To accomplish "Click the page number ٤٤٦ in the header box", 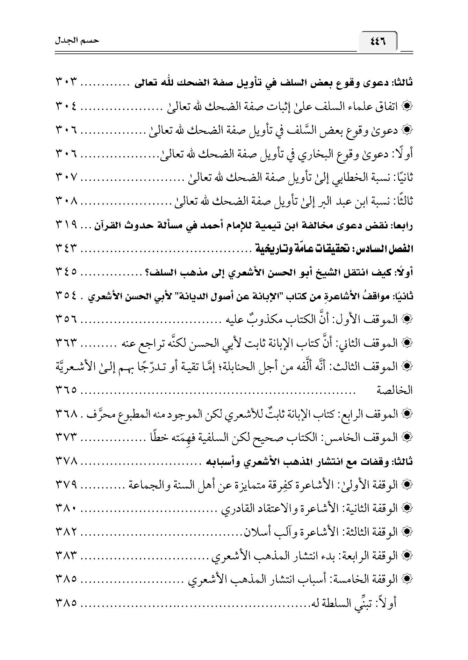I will pos(377,41).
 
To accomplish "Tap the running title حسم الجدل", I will pos(77,41).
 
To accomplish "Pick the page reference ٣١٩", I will pos(66,225).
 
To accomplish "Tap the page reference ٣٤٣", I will pos(66,249).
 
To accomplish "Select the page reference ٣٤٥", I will pos(66,272).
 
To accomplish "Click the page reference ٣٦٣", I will pos(66,343).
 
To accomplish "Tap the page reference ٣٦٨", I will pos(66,414).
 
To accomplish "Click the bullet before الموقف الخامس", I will pos(408,437).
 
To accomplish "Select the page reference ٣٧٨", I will pos(66,461).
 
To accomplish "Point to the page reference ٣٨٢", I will pos(66,532).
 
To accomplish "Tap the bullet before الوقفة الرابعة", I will pos(408,556).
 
